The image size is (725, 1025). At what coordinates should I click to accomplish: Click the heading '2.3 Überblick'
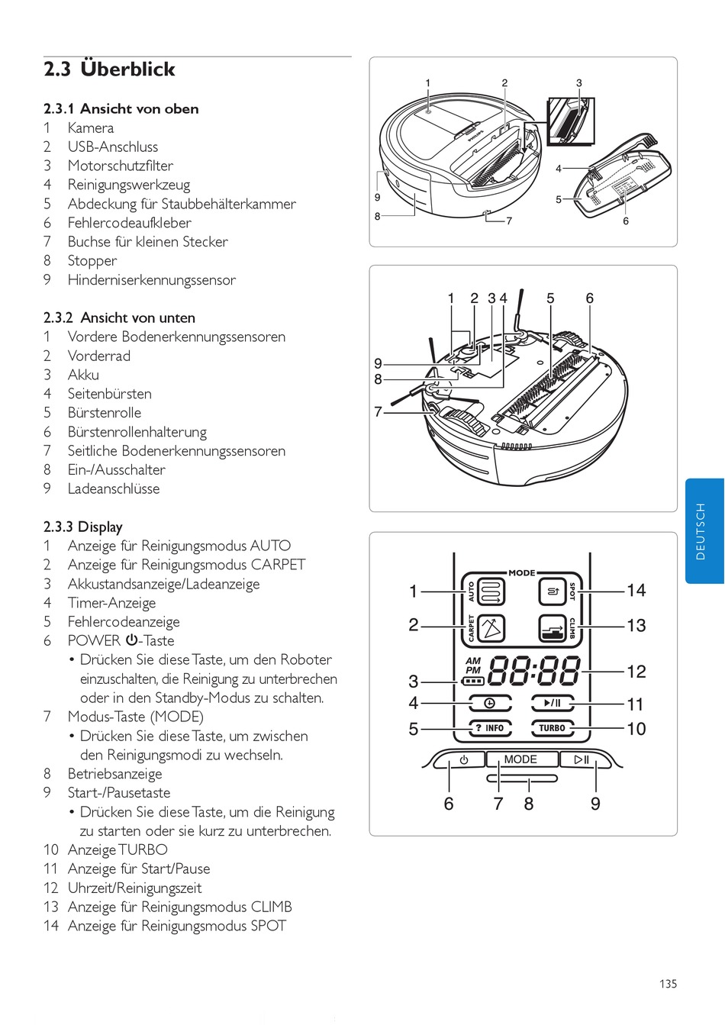click(109, 69)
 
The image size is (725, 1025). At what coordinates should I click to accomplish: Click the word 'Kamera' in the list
click(90, 128)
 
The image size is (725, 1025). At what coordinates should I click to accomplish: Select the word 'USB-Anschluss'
click(112, 147)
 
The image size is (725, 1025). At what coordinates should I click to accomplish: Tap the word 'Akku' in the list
click(83, 375)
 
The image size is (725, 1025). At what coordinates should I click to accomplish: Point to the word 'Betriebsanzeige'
click(114, 774)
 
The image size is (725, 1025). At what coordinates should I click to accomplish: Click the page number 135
click(668, 984)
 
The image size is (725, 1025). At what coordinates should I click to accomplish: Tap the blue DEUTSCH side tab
click(704, 531)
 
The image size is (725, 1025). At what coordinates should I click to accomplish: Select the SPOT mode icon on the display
click(552, 591)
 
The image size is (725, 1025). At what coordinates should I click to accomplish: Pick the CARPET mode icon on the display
click(492, 628)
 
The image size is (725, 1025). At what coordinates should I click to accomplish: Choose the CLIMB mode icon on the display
click(552, 628)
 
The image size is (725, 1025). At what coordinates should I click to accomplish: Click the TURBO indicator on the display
click(552, 728)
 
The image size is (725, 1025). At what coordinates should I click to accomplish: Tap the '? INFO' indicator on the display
click(489, 728)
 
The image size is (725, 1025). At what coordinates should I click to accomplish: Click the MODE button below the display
click(520, 759)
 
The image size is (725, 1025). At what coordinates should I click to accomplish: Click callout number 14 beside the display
click(636, 591)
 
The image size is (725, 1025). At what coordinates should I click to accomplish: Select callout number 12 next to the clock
click(636, 672)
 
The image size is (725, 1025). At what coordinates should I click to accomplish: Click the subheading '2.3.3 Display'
click(82, 527)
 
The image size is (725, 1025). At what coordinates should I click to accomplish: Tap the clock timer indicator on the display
click(489, 703)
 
